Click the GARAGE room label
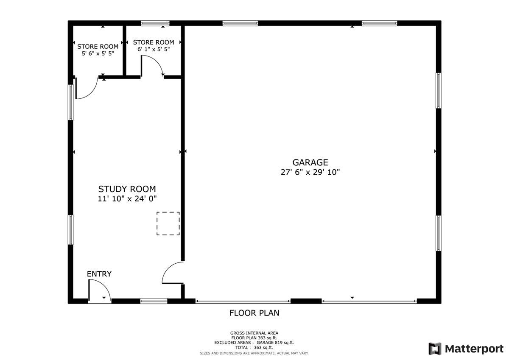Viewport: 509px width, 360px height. [310, 162]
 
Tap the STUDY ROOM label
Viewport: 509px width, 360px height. [127, 189]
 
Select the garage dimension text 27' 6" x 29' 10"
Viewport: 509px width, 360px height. [310, 172]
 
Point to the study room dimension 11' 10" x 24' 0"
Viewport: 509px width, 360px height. [127, 198]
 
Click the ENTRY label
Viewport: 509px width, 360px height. [99, 274]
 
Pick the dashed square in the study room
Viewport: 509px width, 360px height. [168, 223]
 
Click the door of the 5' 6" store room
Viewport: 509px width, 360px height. [86, 88]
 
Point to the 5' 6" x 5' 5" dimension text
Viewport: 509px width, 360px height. [98, 54]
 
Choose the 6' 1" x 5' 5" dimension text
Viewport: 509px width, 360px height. [154, 50]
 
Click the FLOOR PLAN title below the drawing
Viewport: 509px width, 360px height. [254, 313]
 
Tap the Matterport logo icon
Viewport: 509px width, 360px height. [435, 349]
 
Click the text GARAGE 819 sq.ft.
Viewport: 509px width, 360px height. [275, 343]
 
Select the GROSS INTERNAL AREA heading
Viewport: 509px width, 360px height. [254, 333]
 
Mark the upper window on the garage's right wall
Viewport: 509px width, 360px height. [439, 90]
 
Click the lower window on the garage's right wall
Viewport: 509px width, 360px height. [439, 233]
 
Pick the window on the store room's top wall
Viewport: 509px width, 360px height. [155, 23]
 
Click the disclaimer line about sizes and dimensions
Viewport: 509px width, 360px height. [254, 353]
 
